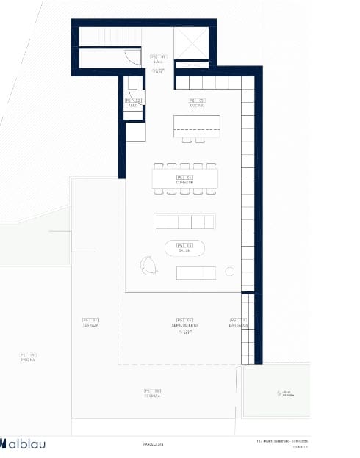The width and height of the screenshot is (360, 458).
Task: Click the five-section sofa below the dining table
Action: pyautogui.click(x=184, y=221)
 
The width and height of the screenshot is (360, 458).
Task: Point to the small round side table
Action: pyautogui.click(x=229, y=272)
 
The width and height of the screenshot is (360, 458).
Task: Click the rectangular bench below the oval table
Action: pyautogui.click(x=196, y=272)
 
